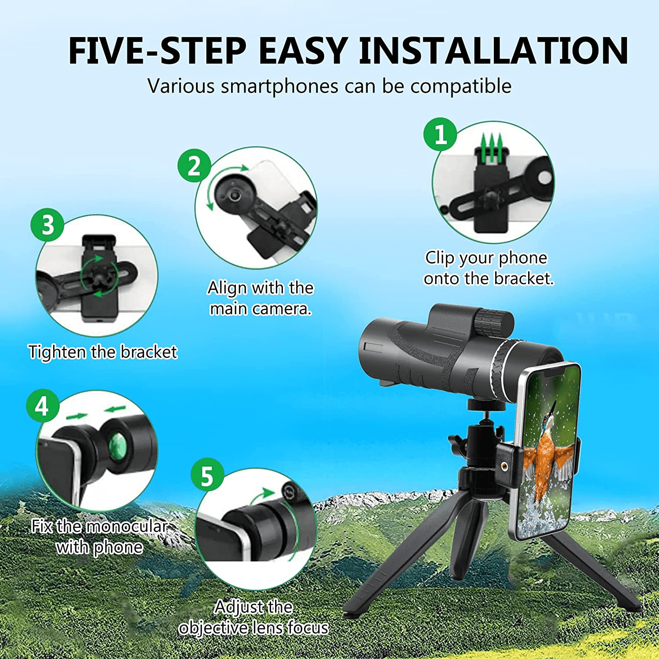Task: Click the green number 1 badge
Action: tap(440, 134)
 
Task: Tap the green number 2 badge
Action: tap(194, 166)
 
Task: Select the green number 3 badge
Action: tap(47, 224)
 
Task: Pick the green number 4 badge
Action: tap(43, 406)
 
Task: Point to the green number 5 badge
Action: tap(207, 475)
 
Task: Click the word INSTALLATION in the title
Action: tap(493, 51)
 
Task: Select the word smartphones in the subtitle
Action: tap(279, 86)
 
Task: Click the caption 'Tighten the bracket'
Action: tap(103, 352)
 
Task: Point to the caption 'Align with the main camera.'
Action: tap(261, 298)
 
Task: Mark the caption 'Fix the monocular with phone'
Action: tap(100, 536)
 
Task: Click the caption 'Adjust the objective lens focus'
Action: tap(253, 617)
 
